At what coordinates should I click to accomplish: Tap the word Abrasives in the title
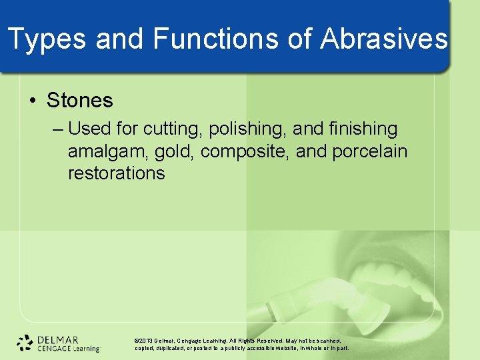pyautogui.click(x=384, y=39)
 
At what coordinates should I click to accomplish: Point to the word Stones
pyautogui.click(x=80, y=101)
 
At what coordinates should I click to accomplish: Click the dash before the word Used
pyautogui.click(x=58, y=129)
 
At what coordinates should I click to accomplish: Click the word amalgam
pyautogui.click(x=107, y=151)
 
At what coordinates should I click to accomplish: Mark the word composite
pyautogui.click(x=243, y=151)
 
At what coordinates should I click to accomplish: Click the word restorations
pyautogui.click(x=116, y=173)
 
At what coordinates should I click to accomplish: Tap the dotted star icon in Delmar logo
pyautogui.click(x=25, y=343)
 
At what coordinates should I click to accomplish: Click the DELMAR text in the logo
pyautogui.click(x=58, y=339)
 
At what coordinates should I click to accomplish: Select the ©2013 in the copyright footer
pyautogui.click(x=145, y=340)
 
